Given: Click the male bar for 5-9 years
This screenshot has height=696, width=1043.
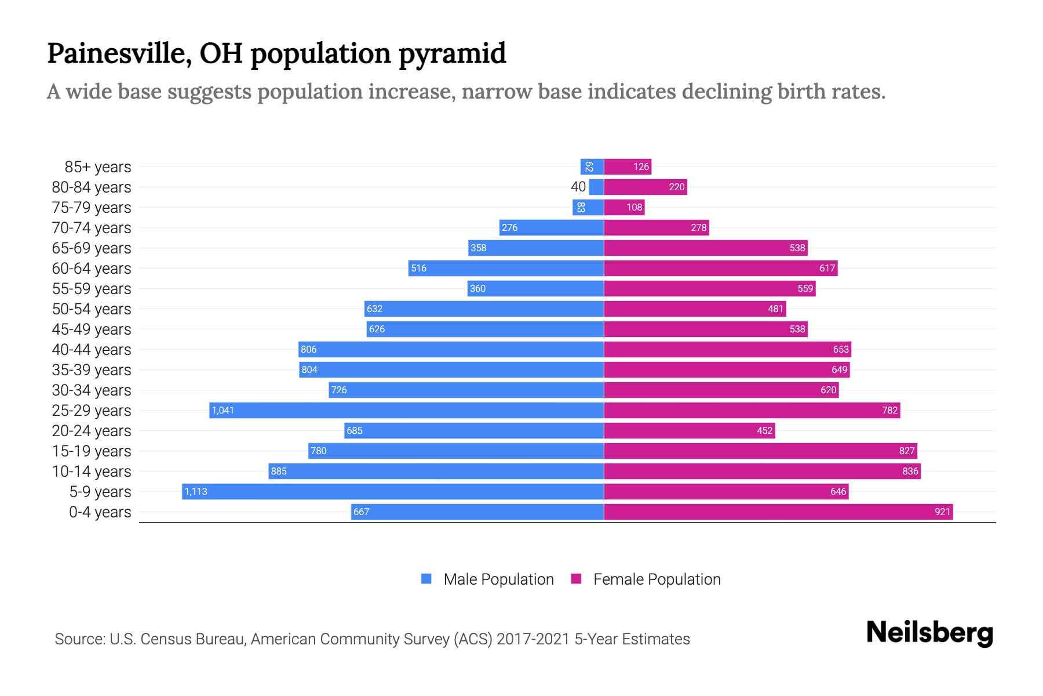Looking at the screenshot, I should [x=393, y=491].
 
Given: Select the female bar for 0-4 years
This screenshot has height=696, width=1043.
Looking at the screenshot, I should [x=778, y=512].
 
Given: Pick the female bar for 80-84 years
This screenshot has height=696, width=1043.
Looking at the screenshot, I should [x=646, y=187].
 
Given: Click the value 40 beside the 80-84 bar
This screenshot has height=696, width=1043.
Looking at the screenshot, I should [x=578, y=187].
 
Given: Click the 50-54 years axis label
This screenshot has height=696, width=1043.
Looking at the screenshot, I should [x=92, y=309].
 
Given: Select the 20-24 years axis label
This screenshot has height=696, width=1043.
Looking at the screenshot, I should [x=92, y=431].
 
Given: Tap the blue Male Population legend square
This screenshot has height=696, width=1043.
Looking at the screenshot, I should [x=426, y=579].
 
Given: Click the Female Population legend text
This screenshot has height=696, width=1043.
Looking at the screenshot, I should [x=657, y=579].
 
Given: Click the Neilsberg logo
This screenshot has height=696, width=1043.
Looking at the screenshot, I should [x=929, y=633].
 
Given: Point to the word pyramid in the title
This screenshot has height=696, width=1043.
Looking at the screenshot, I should [x=452, y=54].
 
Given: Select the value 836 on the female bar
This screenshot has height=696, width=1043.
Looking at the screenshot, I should [x=910, y=471].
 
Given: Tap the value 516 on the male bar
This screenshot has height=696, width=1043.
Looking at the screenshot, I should [x=418, y=268].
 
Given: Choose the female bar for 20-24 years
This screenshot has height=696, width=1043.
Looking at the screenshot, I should [x=690, y=430].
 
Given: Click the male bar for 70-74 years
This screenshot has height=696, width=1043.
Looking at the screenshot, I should [x=552, y=227].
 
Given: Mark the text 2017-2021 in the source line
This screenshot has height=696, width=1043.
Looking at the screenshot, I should [x=533, y=639].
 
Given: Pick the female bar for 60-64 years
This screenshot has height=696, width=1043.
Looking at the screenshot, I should [x=720, y=268].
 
